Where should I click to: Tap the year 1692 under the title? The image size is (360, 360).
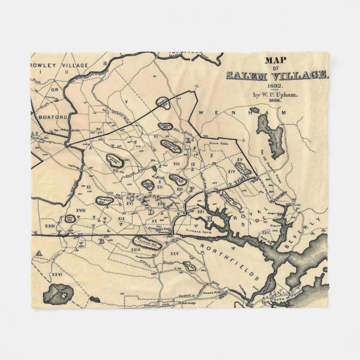[274, 87]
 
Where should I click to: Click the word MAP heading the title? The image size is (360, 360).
[274, 60]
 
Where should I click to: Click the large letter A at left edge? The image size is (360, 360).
[39, 253]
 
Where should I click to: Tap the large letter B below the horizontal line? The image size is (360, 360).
[102, 241]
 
